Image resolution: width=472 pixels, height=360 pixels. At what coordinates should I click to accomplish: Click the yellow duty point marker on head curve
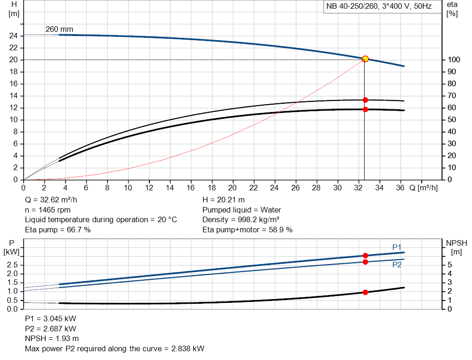(365, 59)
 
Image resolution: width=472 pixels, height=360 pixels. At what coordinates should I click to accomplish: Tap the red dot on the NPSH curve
(365, 292)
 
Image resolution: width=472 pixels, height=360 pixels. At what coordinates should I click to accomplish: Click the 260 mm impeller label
(59, 30)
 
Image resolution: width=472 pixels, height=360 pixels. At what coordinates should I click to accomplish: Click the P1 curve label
(397, 248)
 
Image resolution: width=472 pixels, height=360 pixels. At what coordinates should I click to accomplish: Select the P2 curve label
(397, 265)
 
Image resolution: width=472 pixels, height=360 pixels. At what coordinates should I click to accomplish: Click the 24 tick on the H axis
(14, 35)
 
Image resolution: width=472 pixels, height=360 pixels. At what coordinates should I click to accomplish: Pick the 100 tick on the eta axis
(452, 60)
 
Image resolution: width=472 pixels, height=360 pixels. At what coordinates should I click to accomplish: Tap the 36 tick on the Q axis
(400, 188)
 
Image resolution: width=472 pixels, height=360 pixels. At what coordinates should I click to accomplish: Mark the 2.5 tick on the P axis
(12, 265)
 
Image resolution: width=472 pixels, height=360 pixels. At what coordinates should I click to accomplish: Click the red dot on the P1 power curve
(365, 255)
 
